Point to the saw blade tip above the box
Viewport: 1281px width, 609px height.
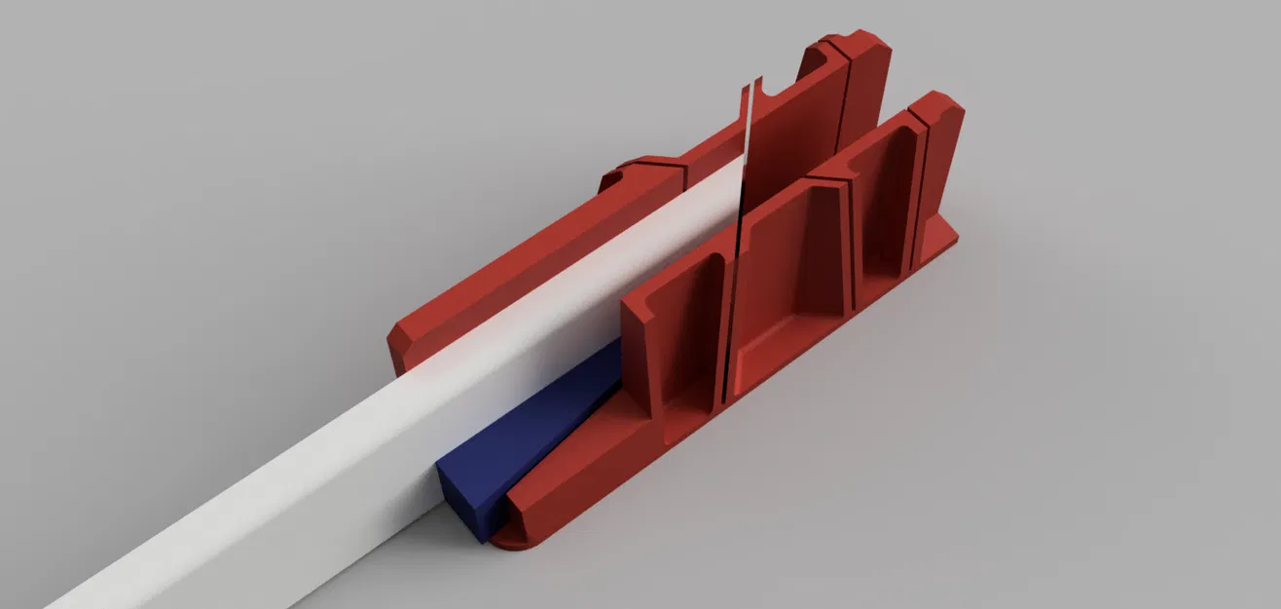(752, 85)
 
